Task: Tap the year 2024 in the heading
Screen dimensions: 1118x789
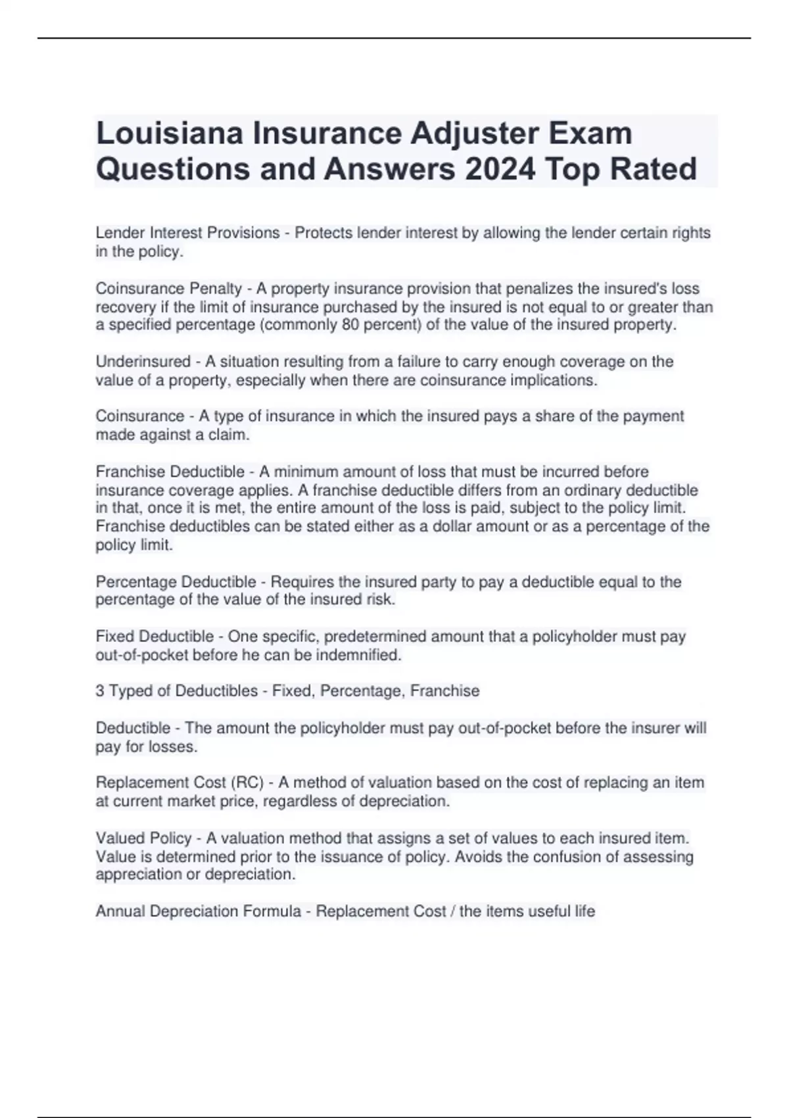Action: [500, 169]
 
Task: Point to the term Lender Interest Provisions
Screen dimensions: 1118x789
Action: [187, 233]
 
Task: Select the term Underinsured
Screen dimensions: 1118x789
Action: [143, 362]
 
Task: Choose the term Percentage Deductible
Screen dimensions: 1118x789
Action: [176, 582]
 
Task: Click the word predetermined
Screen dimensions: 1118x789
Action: [383, 637]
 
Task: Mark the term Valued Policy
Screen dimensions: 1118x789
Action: [143, 838]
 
